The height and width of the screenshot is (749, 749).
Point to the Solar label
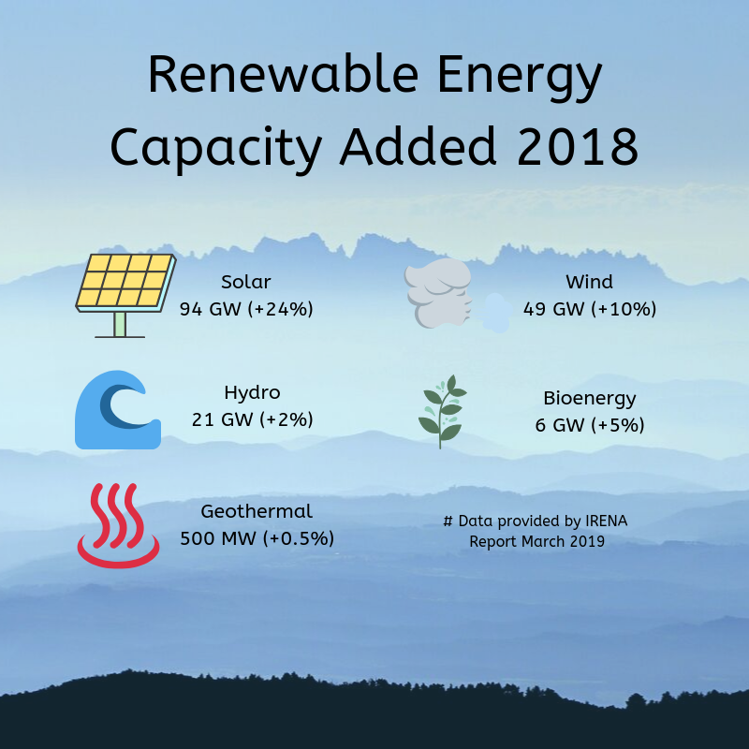(245, 282)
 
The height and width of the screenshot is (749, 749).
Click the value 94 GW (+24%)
(245, 308)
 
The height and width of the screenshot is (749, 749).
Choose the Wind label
(589, 282)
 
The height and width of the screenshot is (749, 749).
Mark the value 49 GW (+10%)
(590, 308)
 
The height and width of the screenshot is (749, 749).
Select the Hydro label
(252, 392)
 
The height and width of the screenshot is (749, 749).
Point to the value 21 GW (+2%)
(252, 419)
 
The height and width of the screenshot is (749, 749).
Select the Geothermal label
(257, 511)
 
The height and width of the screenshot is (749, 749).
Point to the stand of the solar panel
(120, 325)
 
